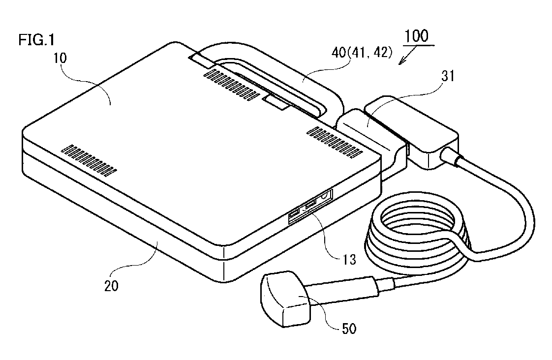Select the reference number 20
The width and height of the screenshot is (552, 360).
tap(111, 286)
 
